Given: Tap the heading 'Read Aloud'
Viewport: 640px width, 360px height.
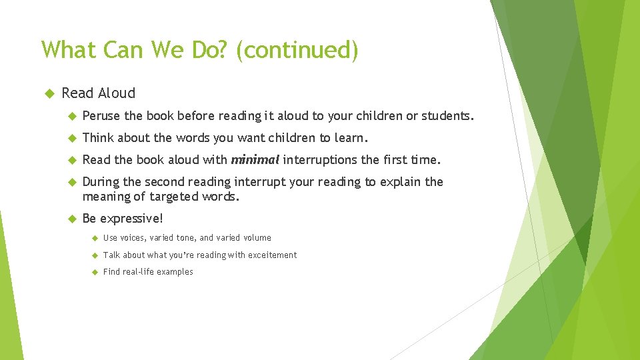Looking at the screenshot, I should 98,93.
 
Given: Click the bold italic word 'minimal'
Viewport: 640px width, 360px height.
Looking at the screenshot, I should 255,160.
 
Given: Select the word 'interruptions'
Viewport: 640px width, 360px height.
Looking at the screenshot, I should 321,160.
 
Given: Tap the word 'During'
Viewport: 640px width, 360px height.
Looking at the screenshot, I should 101,182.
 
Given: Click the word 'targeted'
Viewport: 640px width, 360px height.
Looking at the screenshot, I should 174,197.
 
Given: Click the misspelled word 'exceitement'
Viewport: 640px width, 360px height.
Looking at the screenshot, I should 272,255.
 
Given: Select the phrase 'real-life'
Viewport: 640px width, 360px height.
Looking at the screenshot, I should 141,272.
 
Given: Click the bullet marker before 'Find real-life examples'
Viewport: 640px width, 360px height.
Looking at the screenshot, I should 94,272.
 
